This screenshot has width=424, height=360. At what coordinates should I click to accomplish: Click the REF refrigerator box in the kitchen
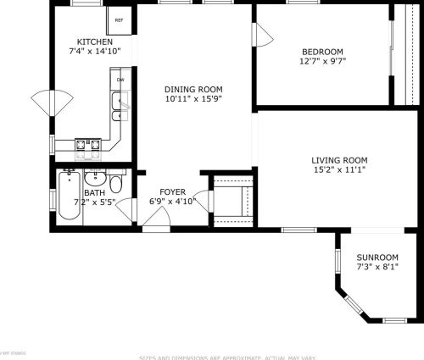tap(118, 19)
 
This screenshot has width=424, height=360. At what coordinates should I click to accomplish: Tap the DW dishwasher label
tap(120, 80)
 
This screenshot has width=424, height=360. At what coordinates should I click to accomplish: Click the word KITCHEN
tap(94, 42)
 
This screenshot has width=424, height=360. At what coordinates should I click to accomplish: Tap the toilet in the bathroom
tap(116, 184)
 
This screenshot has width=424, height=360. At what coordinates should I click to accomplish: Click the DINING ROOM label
tap(192, 88)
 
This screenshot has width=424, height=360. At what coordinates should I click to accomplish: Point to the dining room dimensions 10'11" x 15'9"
tap(192, 98)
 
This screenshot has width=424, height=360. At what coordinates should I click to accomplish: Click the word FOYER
tap(174, 192)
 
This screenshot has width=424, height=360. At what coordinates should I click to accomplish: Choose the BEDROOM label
tap(321, 51)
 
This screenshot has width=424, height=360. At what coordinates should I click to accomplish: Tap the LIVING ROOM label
tap(338, 159)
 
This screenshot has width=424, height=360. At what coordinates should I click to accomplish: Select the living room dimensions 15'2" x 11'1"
tap(338, 169)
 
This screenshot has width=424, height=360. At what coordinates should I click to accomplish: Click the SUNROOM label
tap(378, 258)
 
